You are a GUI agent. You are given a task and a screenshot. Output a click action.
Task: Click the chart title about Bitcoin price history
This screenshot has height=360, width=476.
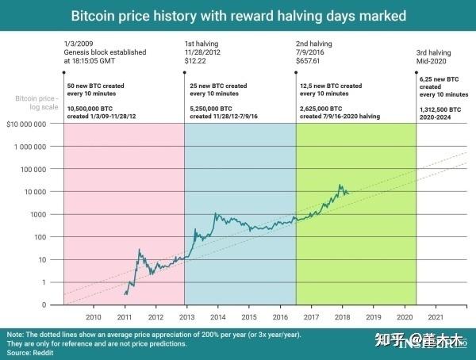[x=239, y=15]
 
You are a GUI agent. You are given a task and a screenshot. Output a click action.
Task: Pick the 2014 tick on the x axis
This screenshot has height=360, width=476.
[x=217, y=316]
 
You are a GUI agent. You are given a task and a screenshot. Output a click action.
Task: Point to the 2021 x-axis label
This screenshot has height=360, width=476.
[x=434, y=316]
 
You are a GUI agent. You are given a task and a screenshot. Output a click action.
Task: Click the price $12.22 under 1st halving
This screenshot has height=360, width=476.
[x=195, y=59]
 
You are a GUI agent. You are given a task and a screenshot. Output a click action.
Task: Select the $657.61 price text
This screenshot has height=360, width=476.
[x=309, y=59]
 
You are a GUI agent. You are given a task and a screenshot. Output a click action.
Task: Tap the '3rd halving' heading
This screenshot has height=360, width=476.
[x=436, y=52]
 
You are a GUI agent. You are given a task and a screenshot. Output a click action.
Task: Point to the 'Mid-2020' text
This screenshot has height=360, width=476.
[x=432, y=61]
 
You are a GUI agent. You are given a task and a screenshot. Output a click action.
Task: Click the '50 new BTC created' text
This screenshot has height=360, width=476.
[x=95, y=84]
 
